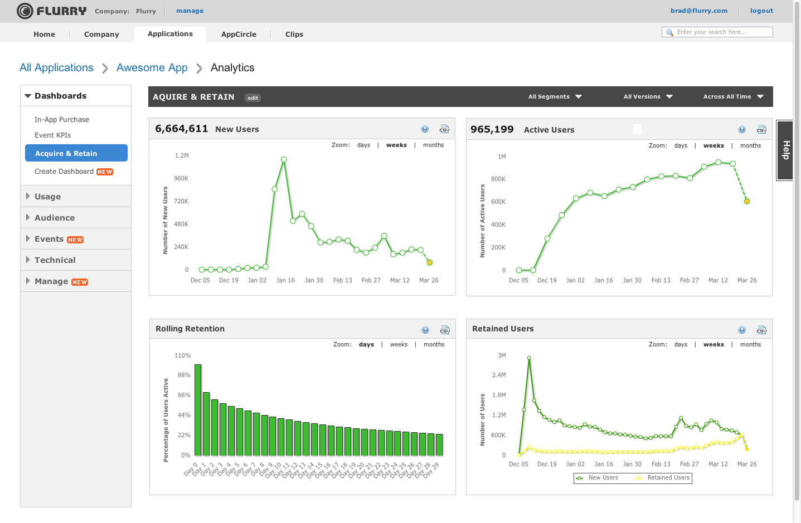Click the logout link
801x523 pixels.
(761, 11)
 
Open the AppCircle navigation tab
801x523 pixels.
(239, 34)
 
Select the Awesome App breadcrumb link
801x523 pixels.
(152, 68)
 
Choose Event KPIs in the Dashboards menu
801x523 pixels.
(52, 135)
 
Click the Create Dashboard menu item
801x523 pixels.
(64, 172)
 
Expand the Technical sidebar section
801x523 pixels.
(55, 260)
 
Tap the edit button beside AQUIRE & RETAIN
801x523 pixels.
(253, 98)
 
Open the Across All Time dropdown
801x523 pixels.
(732, 97)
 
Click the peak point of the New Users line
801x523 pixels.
(284, 159)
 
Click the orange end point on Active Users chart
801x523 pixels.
(747, 202)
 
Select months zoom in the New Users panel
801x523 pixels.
(433, 145)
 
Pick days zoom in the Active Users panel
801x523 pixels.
(681, 146)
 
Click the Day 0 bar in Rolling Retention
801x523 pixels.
(198, 410)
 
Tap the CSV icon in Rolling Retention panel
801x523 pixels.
(445, 330)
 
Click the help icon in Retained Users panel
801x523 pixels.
(742, 330)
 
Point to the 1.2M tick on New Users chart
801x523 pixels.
(182, 156)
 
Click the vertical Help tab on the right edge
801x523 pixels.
(785, 150)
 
